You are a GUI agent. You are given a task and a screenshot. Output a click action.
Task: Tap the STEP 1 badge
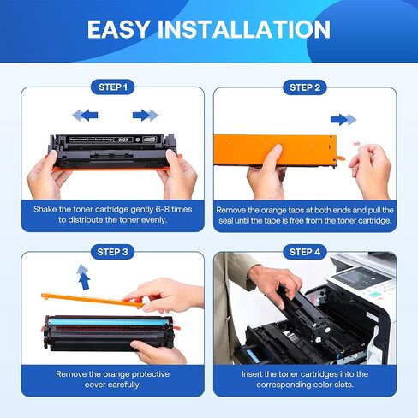pos(113,87)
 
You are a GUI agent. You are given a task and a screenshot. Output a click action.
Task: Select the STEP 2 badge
pos(305,87)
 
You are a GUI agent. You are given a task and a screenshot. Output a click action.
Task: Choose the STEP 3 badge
pos(113,252)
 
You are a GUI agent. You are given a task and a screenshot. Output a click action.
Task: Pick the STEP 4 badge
pos(305,252)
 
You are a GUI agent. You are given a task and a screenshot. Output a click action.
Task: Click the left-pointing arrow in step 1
pos(86,115)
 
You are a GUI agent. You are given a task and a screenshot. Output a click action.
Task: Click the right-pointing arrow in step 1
pos(146,115)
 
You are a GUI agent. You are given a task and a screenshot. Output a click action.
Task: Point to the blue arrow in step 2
pos(343,120)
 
